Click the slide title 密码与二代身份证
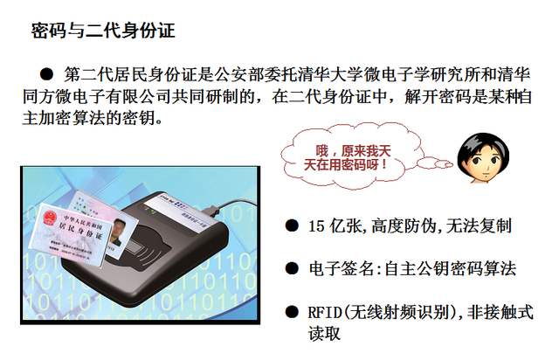(103, 31)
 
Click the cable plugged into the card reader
(232, 204)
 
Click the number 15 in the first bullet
(317, 226)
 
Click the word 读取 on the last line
(324, 333)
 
